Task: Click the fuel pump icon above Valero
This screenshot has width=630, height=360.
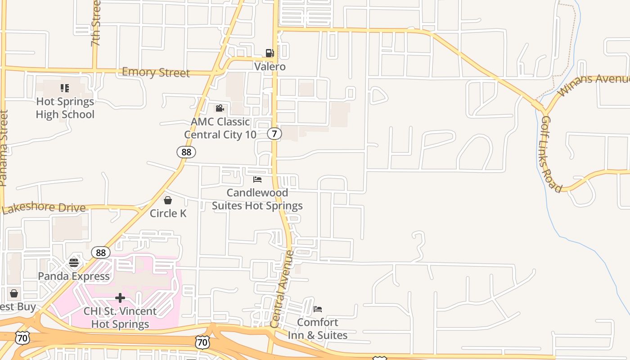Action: pos(270,53)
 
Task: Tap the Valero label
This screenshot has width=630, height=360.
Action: pos(270,67)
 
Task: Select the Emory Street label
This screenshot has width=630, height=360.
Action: pos(156,72)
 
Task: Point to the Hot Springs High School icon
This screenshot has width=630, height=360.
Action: pos(65,88)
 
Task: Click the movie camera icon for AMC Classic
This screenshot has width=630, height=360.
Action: pos(220,108)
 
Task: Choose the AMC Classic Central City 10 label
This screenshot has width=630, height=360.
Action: pos(220,128)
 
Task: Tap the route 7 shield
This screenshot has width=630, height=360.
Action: pos(274,134)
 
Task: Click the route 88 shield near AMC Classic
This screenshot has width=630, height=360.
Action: pos(186,152)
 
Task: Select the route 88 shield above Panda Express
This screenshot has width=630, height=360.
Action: pos(101,252)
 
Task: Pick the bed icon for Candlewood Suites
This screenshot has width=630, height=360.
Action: pos(257,179)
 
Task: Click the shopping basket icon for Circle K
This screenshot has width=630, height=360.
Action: pos(168,200)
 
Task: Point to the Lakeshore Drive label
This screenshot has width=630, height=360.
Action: pos(44,208)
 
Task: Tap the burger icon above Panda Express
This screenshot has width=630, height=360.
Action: pos(74,262)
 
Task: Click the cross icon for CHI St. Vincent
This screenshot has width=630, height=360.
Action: pos(120,297)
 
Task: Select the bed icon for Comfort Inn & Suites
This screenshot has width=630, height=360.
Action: pos(318,309)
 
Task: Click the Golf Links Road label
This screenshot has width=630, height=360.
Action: pos(551,154)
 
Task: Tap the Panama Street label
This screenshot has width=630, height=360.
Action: pos(4,148)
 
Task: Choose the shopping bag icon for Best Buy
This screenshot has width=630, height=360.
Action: pos(14,293)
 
